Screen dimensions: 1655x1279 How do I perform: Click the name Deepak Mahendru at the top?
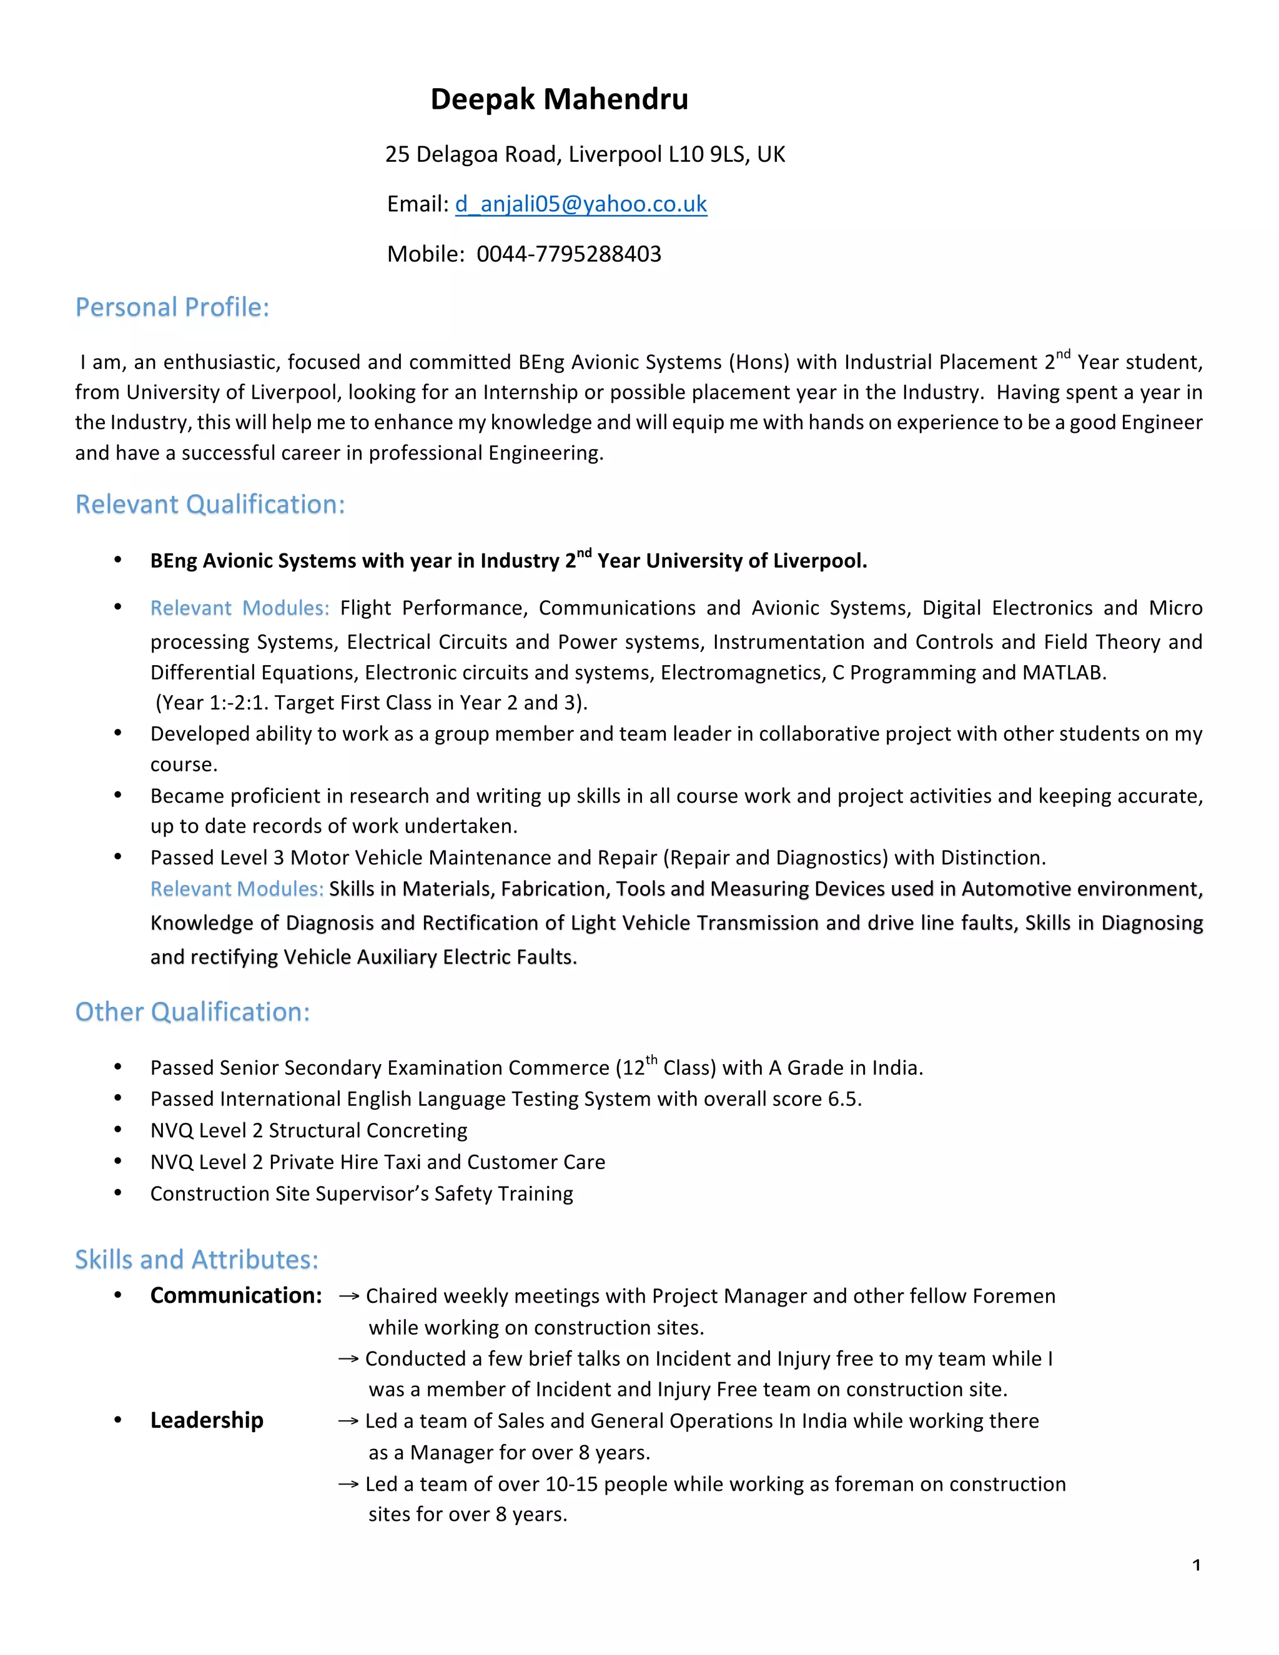click(559, 99)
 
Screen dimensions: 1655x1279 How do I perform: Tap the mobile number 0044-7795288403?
click(568, 254)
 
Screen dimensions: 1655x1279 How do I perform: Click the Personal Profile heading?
click(172, 307)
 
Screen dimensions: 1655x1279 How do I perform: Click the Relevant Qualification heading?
click(210, 504)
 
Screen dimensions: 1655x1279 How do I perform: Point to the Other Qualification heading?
click(192, 1012)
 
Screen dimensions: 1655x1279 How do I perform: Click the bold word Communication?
click(235, 1295)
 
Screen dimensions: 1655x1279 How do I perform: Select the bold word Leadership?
click(206, 1420)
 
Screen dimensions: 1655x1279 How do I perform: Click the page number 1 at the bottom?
click(1196, 1566)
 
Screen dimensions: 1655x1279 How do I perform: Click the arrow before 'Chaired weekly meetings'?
click(348, 1297)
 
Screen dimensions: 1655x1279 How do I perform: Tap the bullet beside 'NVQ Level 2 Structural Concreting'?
click(117, 1130)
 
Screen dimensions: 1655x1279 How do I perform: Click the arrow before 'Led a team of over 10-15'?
click(348, 1485)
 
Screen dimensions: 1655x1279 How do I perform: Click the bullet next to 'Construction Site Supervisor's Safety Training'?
click(117, 1193)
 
